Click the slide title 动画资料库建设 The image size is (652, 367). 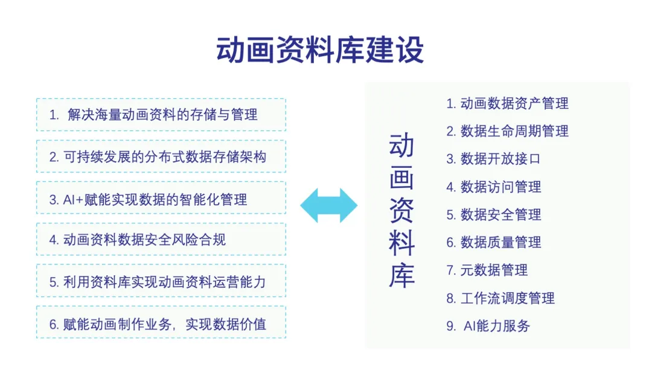point(320,50)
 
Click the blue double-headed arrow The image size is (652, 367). point(328,205)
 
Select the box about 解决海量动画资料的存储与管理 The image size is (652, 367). point(161,115)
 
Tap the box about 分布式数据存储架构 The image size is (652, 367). point(161,157)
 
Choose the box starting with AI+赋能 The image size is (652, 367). point(161,198)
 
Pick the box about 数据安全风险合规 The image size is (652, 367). point(161,240)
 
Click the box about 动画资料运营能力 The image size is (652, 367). point(161,281)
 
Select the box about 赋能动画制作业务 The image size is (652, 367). point(161,323)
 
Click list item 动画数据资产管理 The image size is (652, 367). point(507,103)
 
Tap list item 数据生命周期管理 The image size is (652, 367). point(507,132)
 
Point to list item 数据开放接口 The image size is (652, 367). point(494,159)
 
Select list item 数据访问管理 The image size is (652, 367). point(494,187)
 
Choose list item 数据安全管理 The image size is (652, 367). point(494,214)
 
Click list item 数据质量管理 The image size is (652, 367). point(494,242)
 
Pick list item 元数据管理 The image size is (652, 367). point(487,270)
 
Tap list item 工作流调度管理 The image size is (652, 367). point(500,298)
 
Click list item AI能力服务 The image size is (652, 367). point(488,326)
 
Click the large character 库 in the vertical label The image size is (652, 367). point(401,275)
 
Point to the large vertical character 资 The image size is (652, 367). point(401,210)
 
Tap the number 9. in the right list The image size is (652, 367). point(451,327)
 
